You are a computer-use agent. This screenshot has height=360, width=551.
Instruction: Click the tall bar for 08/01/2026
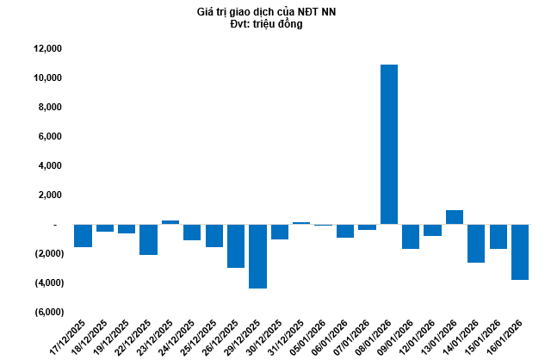(389, 144)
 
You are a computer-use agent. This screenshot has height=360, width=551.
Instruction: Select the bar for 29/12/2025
(257, 256)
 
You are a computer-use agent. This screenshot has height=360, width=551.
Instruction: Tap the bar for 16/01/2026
(520, 251)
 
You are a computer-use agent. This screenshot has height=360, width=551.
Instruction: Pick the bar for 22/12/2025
(148, 239)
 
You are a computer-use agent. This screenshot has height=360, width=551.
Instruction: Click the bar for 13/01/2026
(455, 217)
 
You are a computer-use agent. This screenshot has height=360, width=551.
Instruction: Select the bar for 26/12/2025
(236, 245)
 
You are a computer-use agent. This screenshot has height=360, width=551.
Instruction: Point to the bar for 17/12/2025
(83, 235)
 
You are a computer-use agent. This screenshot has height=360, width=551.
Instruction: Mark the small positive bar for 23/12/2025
(170, 222)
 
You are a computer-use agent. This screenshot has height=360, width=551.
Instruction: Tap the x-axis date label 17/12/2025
(74, 333)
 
